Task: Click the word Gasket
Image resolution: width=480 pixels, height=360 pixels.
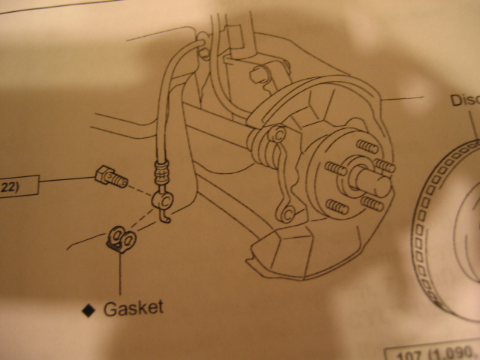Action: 133,307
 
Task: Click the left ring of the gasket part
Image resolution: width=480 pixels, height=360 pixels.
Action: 116,237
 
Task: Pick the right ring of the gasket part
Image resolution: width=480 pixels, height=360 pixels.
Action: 129,240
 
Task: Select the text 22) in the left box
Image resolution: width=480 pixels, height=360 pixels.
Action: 8,184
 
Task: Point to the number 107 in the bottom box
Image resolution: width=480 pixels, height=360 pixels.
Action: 411,352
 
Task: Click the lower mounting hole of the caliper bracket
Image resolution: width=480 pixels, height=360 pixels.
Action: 286,214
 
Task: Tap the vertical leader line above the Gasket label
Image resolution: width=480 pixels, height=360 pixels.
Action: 120,274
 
